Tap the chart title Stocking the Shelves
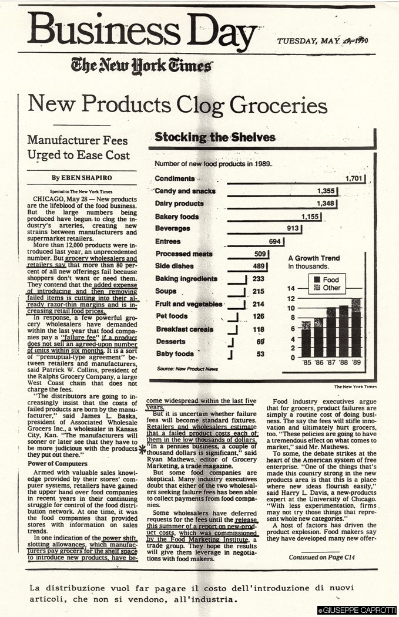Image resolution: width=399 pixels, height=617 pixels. pos(215,137)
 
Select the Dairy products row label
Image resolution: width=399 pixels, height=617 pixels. pos(179,204)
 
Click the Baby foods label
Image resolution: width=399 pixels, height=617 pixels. pos(175,354)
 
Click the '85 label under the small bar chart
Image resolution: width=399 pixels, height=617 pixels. pos(306,362)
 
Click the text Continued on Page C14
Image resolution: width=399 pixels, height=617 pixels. pos(322,541)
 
